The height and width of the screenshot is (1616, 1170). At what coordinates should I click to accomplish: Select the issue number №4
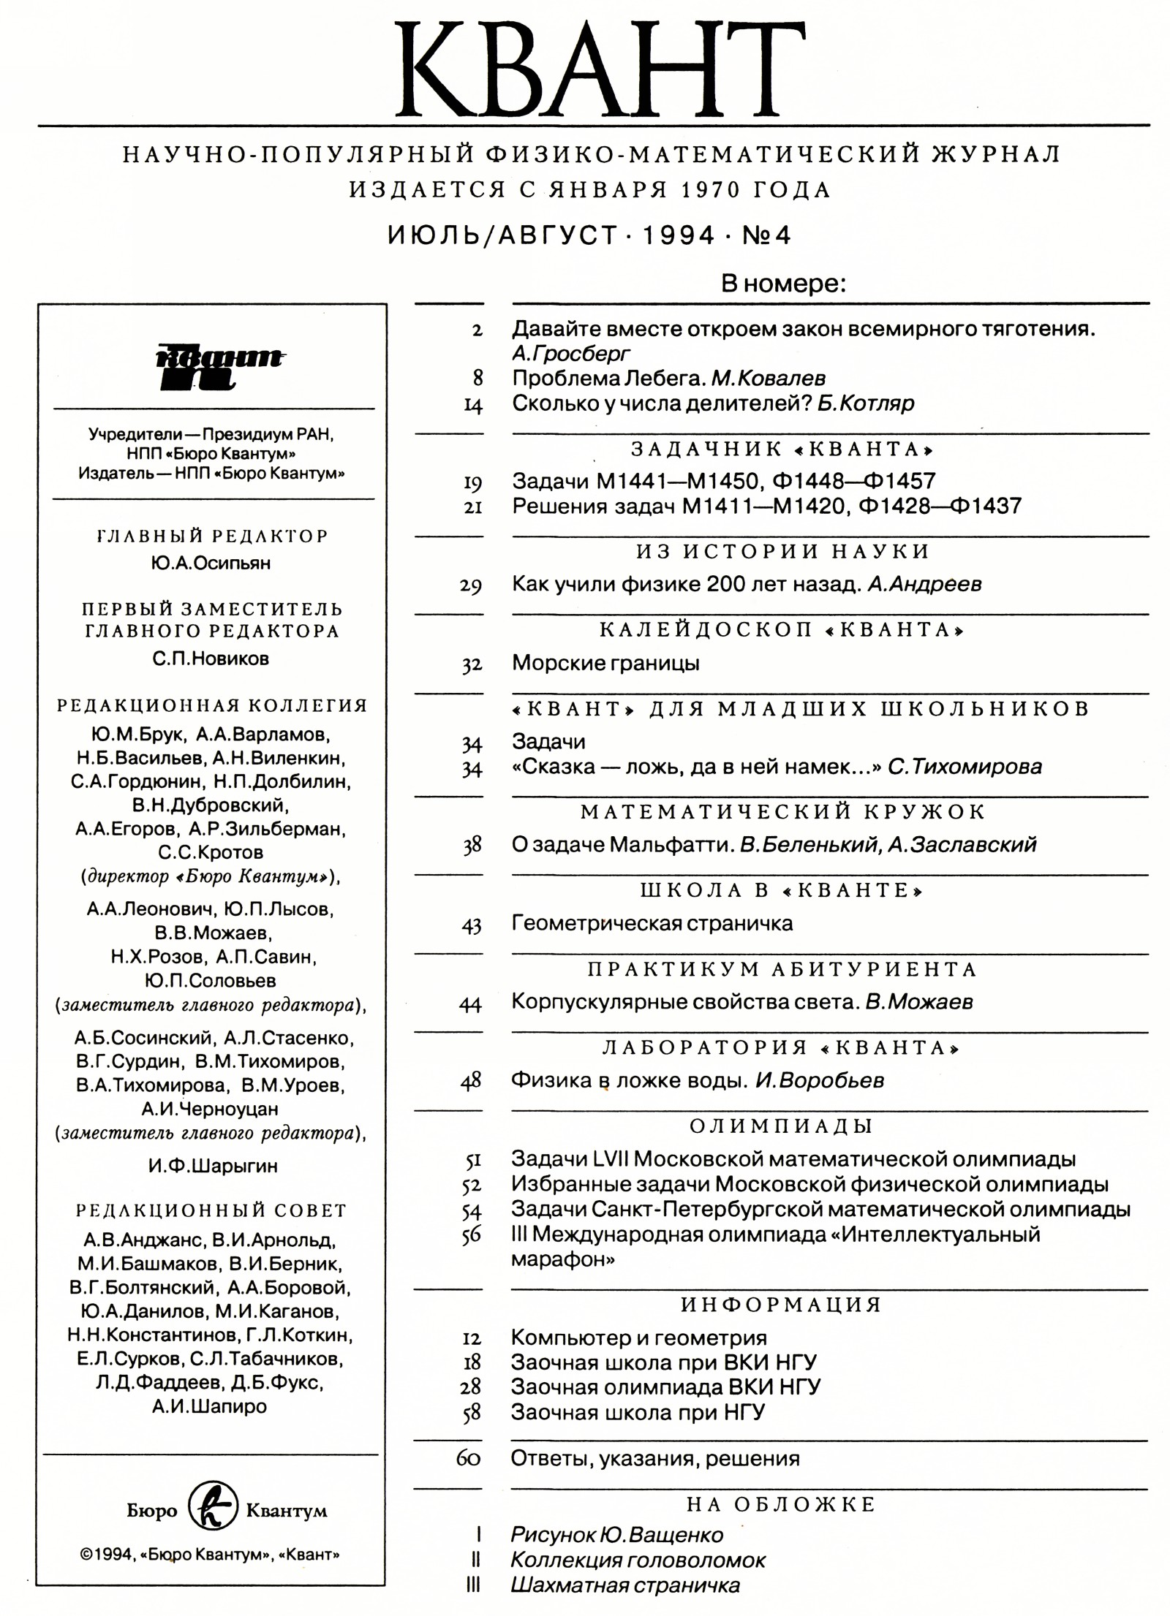tap(766, 235)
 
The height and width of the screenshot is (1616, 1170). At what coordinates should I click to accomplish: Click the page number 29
tap(472, 585)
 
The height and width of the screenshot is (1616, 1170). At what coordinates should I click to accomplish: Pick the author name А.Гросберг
tap(570, 354)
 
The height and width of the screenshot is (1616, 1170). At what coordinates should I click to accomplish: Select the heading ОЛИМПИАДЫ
tap(781, 1126)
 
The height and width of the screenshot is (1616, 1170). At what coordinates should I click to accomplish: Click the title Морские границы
tap(605, 663)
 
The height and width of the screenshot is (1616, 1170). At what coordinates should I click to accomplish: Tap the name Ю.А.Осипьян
tap(211, 564)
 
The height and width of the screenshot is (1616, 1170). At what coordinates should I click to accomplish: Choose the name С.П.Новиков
tap(211, 659)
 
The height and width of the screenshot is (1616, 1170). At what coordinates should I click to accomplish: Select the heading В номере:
tap(783, 284)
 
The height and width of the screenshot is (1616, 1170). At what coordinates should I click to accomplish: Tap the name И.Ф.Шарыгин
tap(213, 1165)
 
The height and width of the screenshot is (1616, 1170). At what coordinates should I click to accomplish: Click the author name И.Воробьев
tap(820, 1080)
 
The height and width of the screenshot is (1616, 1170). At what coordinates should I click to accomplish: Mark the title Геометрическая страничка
tap(652, 923)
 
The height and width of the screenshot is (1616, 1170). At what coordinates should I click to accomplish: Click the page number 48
tap(471, 1081)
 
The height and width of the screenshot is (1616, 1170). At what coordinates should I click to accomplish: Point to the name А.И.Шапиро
tap(210, 1406)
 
